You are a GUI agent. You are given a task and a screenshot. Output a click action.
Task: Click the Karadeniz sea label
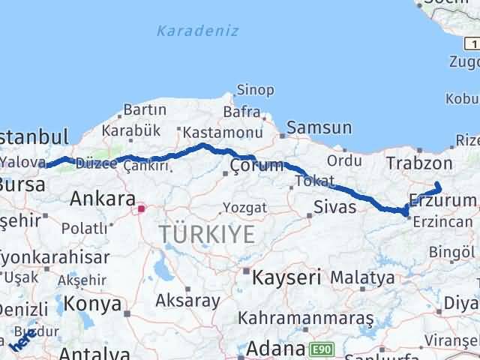point(198,31)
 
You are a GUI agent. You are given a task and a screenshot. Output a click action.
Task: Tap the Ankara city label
point(101,199)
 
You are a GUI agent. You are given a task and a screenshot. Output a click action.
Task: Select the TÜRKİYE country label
point(206,235)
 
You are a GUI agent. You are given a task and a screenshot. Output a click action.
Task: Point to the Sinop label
point(255,91)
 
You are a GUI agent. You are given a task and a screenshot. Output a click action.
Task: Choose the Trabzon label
point(419,163)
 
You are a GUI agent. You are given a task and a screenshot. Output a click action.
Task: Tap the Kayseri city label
point(286,277)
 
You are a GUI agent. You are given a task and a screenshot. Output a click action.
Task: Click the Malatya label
point(362,278)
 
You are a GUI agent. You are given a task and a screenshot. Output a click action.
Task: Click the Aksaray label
point(187,301)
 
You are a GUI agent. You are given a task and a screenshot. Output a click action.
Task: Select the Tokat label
point(314,181)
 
